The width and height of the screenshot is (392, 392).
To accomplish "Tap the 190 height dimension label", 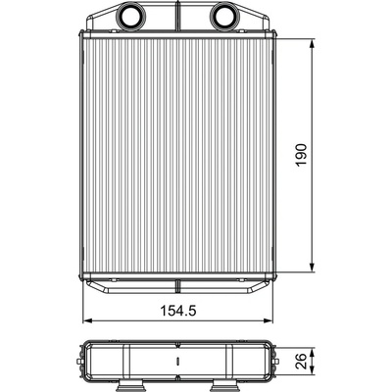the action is [x=302, y=155].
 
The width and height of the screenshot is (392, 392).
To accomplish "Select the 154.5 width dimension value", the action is [x=178, y=311].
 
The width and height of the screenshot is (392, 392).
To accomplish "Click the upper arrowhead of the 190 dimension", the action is [x=312, y=44].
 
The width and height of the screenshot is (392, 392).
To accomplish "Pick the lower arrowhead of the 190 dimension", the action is [x=312, y=268].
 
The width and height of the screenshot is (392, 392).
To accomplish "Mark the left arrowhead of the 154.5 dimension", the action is [x=88, y=320].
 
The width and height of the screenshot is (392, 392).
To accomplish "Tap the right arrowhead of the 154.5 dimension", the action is [x=268, y=320].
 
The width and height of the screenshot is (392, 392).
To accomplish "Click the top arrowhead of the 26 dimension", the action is [x=312, y=353].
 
